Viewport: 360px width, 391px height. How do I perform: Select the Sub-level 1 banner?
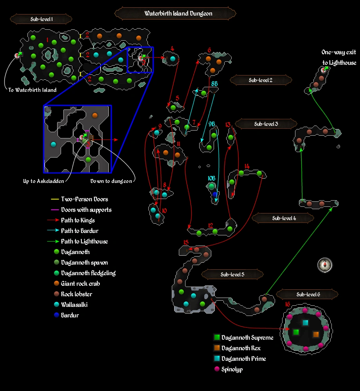point(41,19)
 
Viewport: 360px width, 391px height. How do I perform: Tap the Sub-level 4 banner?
point(283,218)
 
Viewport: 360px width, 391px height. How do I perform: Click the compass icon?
point(324,265)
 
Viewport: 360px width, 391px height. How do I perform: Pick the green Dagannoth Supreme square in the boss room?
point(296,332)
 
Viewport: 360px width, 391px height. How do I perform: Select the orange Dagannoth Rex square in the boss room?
point(316,334)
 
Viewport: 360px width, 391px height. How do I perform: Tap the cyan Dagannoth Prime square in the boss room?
point(305,323)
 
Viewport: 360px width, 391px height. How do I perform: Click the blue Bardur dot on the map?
point(214,194)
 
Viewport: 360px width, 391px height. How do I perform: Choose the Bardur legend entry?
point(70,315)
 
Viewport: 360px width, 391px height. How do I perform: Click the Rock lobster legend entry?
point(76,294)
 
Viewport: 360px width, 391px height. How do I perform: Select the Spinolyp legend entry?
point(232,369)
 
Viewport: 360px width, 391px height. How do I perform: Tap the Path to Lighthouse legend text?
point(84,241)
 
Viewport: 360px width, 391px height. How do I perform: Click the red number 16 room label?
point(288,305)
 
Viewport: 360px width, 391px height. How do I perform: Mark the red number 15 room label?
point(185,243)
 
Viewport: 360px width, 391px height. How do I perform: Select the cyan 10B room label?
point(211,178)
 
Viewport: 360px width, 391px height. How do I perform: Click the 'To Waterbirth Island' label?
point(32,90)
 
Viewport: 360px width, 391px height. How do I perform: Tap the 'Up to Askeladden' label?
point(43,181)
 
